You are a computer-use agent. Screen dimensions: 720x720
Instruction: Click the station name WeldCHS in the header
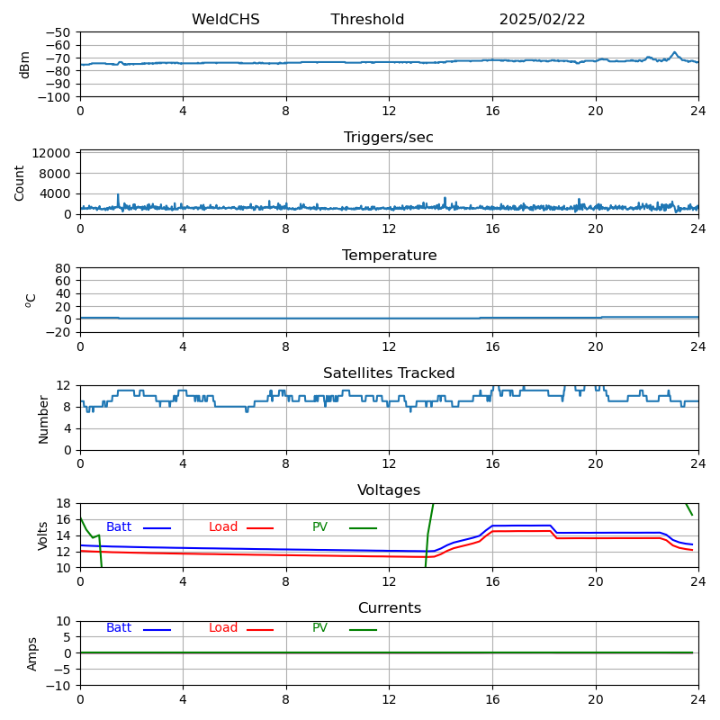pos(225,20)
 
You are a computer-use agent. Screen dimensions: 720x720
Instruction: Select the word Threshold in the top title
pos(367,20)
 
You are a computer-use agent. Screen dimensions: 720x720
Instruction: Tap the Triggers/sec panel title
pos(389,138)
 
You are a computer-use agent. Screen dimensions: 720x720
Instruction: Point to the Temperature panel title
pos(389,256)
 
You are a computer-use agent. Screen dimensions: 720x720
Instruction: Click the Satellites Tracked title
pos(389,373)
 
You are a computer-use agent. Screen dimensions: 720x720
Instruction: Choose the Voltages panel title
pos(389,490)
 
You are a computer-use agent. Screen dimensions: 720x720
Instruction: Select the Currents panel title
pos(389,608)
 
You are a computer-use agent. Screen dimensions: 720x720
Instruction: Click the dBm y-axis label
pos(25,65)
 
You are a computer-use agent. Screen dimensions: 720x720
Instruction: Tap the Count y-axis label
pos(20,183)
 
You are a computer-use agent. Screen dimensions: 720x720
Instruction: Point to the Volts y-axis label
pos(43,535)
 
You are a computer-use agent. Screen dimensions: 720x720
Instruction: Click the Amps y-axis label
pos(32,653)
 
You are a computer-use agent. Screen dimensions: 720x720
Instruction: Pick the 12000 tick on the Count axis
pos(52,153)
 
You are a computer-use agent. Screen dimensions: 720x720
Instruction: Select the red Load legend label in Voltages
pos(223,527)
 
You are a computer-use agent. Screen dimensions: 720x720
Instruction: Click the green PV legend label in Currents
pos(320,628)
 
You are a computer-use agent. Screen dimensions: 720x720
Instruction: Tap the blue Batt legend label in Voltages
pos(119,527)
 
